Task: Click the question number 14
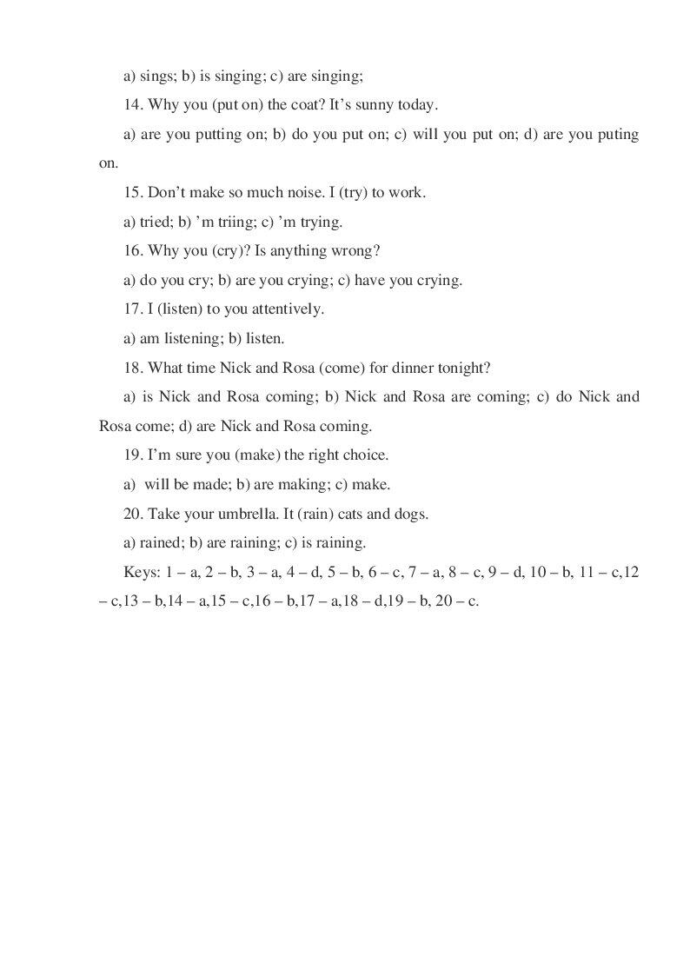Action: click(x=132, y=105)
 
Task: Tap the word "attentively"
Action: click(x=285, y=309)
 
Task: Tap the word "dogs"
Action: click(x=411, y=514)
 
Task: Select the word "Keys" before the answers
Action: click(x=142, y=572)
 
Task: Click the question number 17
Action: click(x=132, y=309)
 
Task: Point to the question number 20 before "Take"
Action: click(x=132, y=514)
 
